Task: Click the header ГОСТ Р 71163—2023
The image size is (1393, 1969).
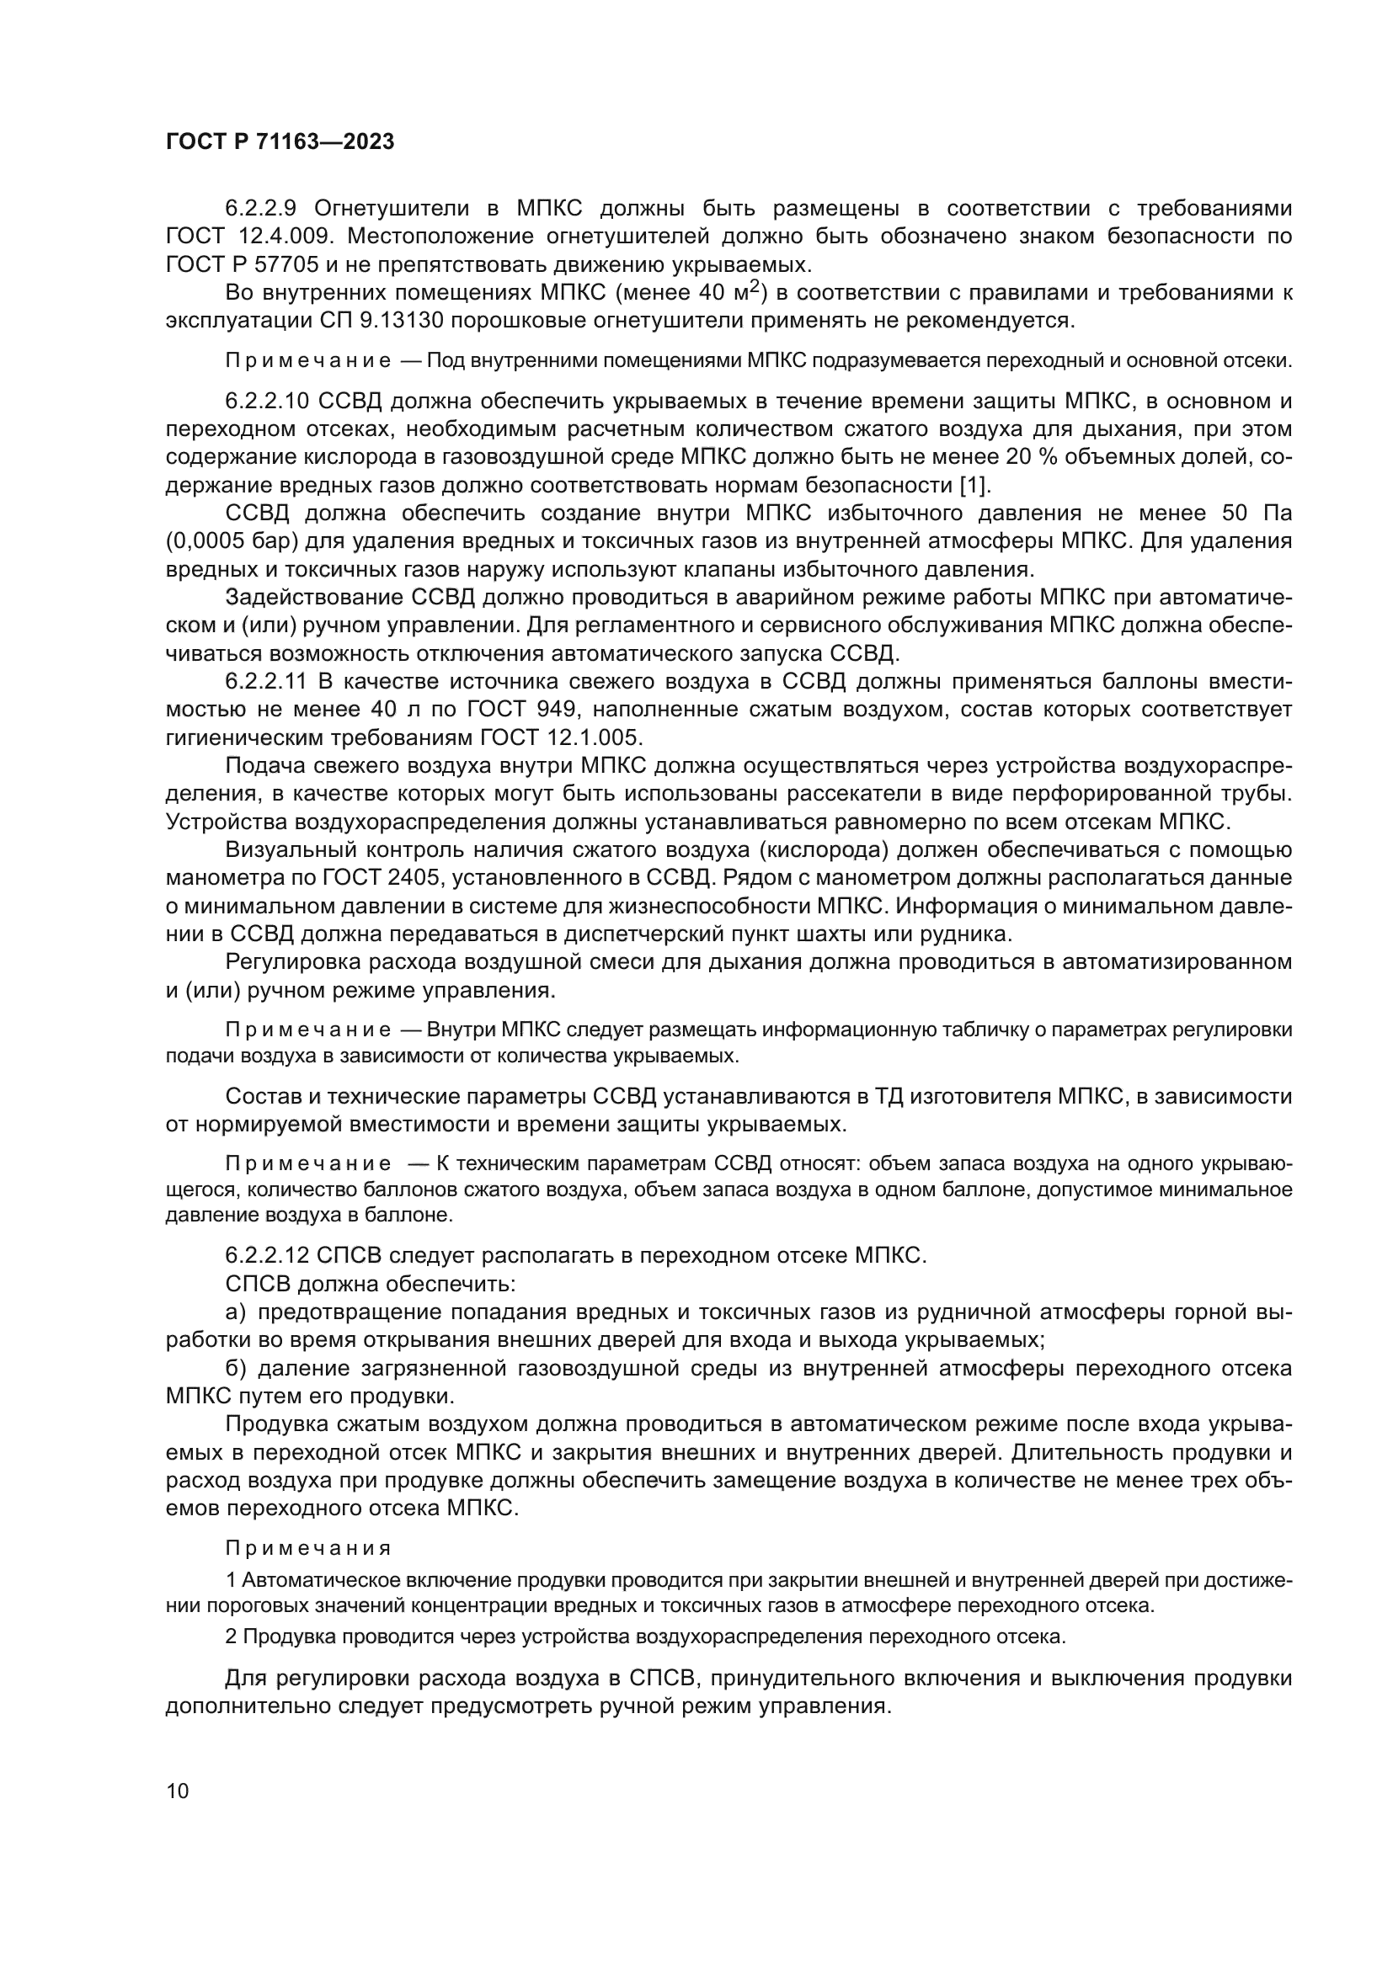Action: pos(280,142)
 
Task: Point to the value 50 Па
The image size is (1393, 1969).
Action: pos(1254,514)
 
